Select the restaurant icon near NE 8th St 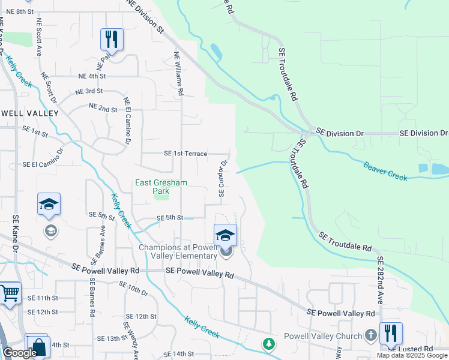(x=112, y=40)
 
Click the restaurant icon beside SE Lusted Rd (x=391, y=334)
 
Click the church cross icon (x=371, y=335)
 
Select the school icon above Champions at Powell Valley (x=225, y=235)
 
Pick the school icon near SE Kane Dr (x=49, y=205)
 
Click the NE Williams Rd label (x=179, y=73)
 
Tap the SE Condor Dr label (x=223, y=178)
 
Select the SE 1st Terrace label (x=185, y=154)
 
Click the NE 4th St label (x=92, y=76)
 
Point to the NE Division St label (x=146, y=16)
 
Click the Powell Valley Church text (x=323, y=336)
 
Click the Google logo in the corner (x=20, y=353)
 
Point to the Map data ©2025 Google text (x=412, y=355)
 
